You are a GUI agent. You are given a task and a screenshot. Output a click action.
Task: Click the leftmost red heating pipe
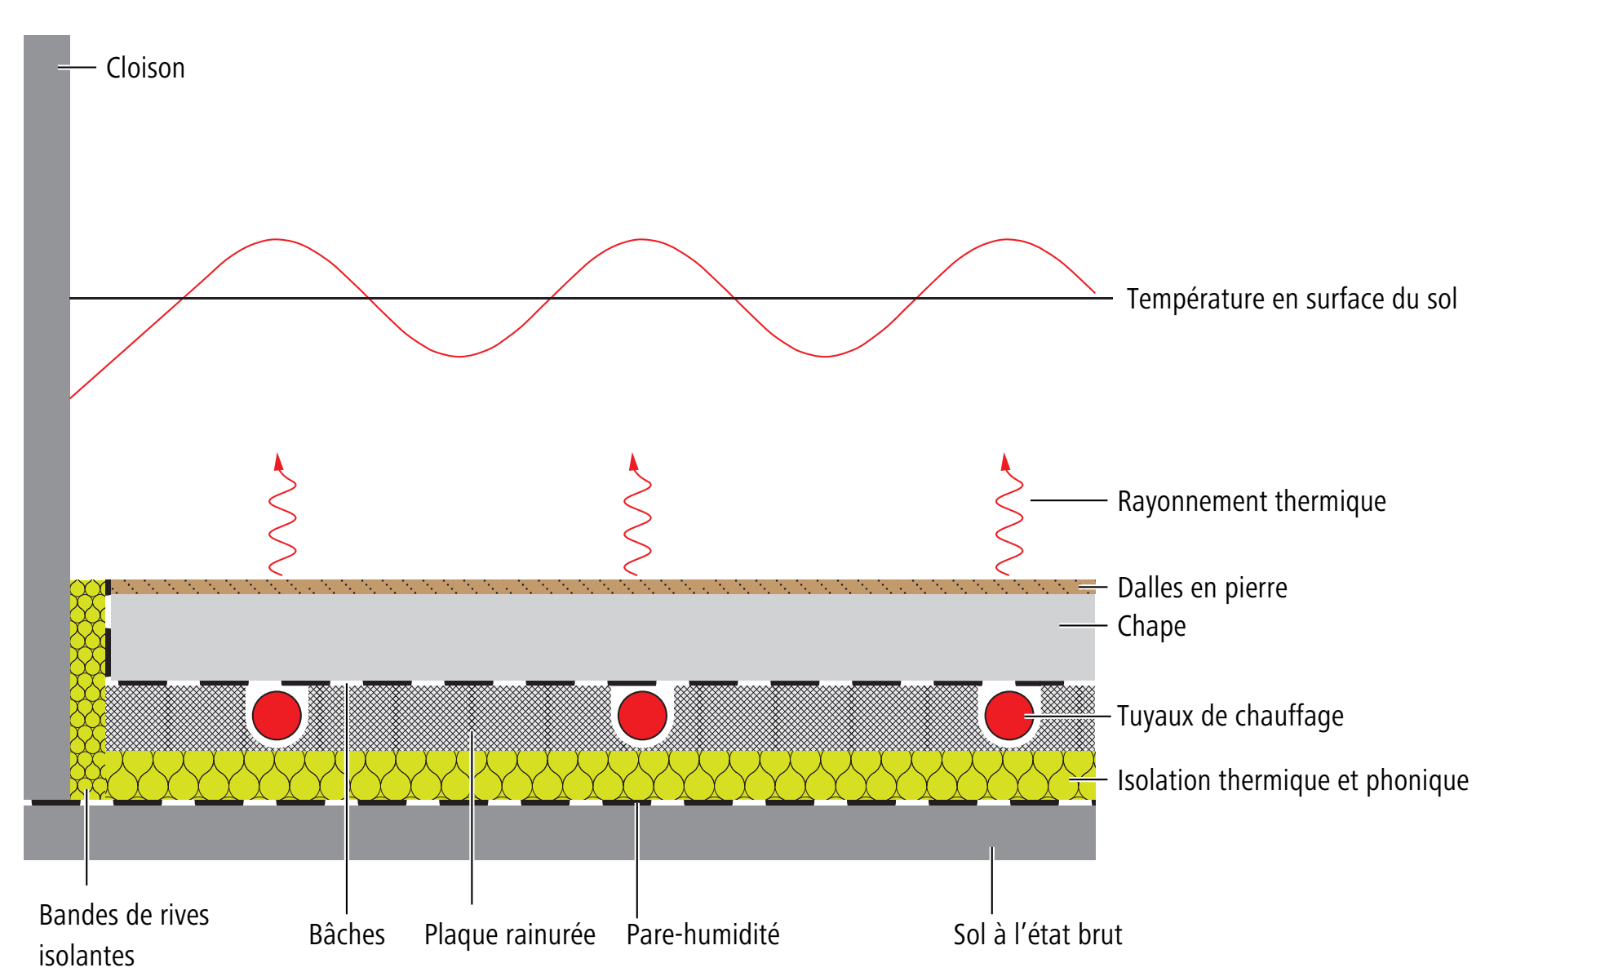277,715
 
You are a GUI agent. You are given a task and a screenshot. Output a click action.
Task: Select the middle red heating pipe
642,715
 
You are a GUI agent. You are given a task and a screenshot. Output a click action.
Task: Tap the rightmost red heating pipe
1008,715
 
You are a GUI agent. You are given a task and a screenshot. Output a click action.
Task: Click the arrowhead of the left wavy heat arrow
278,461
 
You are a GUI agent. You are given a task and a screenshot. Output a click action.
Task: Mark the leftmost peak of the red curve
276,240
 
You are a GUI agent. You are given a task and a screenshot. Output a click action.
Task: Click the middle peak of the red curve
641,240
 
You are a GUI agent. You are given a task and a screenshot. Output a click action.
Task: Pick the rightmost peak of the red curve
1006,240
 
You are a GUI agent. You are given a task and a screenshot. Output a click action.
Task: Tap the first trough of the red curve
459,357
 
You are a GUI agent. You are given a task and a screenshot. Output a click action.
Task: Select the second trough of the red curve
824,357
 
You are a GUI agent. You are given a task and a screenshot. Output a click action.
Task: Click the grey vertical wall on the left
47,408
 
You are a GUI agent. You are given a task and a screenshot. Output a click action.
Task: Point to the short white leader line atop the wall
78,68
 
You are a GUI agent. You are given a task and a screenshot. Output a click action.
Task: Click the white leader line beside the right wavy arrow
1068,500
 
